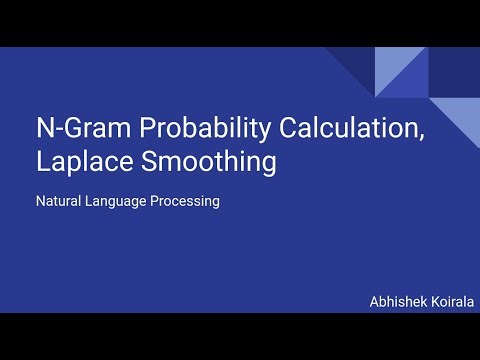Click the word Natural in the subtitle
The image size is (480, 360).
[x=59, y=201]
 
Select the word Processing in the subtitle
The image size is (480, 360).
[x=184, y=201]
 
